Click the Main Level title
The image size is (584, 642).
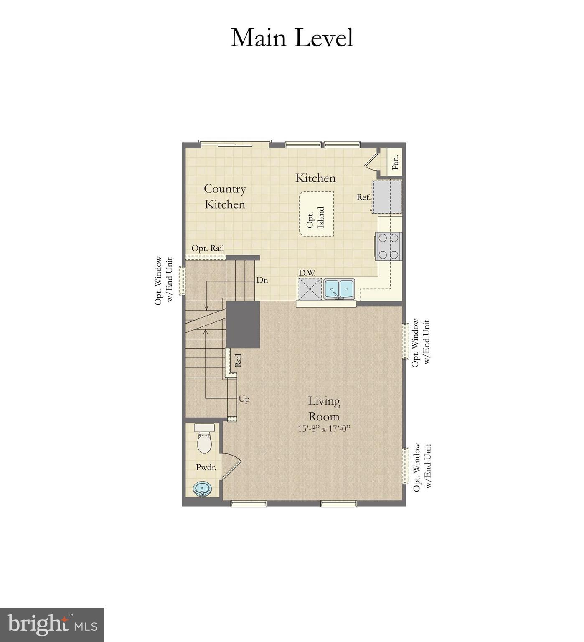(292, 38)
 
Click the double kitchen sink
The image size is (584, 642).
(339, 289)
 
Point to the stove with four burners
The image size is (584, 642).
(389, 246)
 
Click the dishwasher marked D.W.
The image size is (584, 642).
(310, 289)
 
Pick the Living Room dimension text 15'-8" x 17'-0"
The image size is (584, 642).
(324, 429)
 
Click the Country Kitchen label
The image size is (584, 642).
(225, 196)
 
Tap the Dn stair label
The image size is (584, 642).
(262, 280)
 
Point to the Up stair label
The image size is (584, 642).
(244, 399)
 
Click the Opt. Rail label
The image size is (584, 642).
(208, 248)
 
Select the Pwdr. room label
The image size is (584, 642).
(206, 467)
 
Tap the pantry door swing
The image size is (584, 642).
(371, 161)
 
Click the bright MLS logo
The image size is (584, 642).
(52, 625)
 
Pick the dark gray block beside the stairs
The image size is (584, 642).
(243, 324)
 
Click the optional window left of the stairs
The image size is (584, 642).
(182, 280)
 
